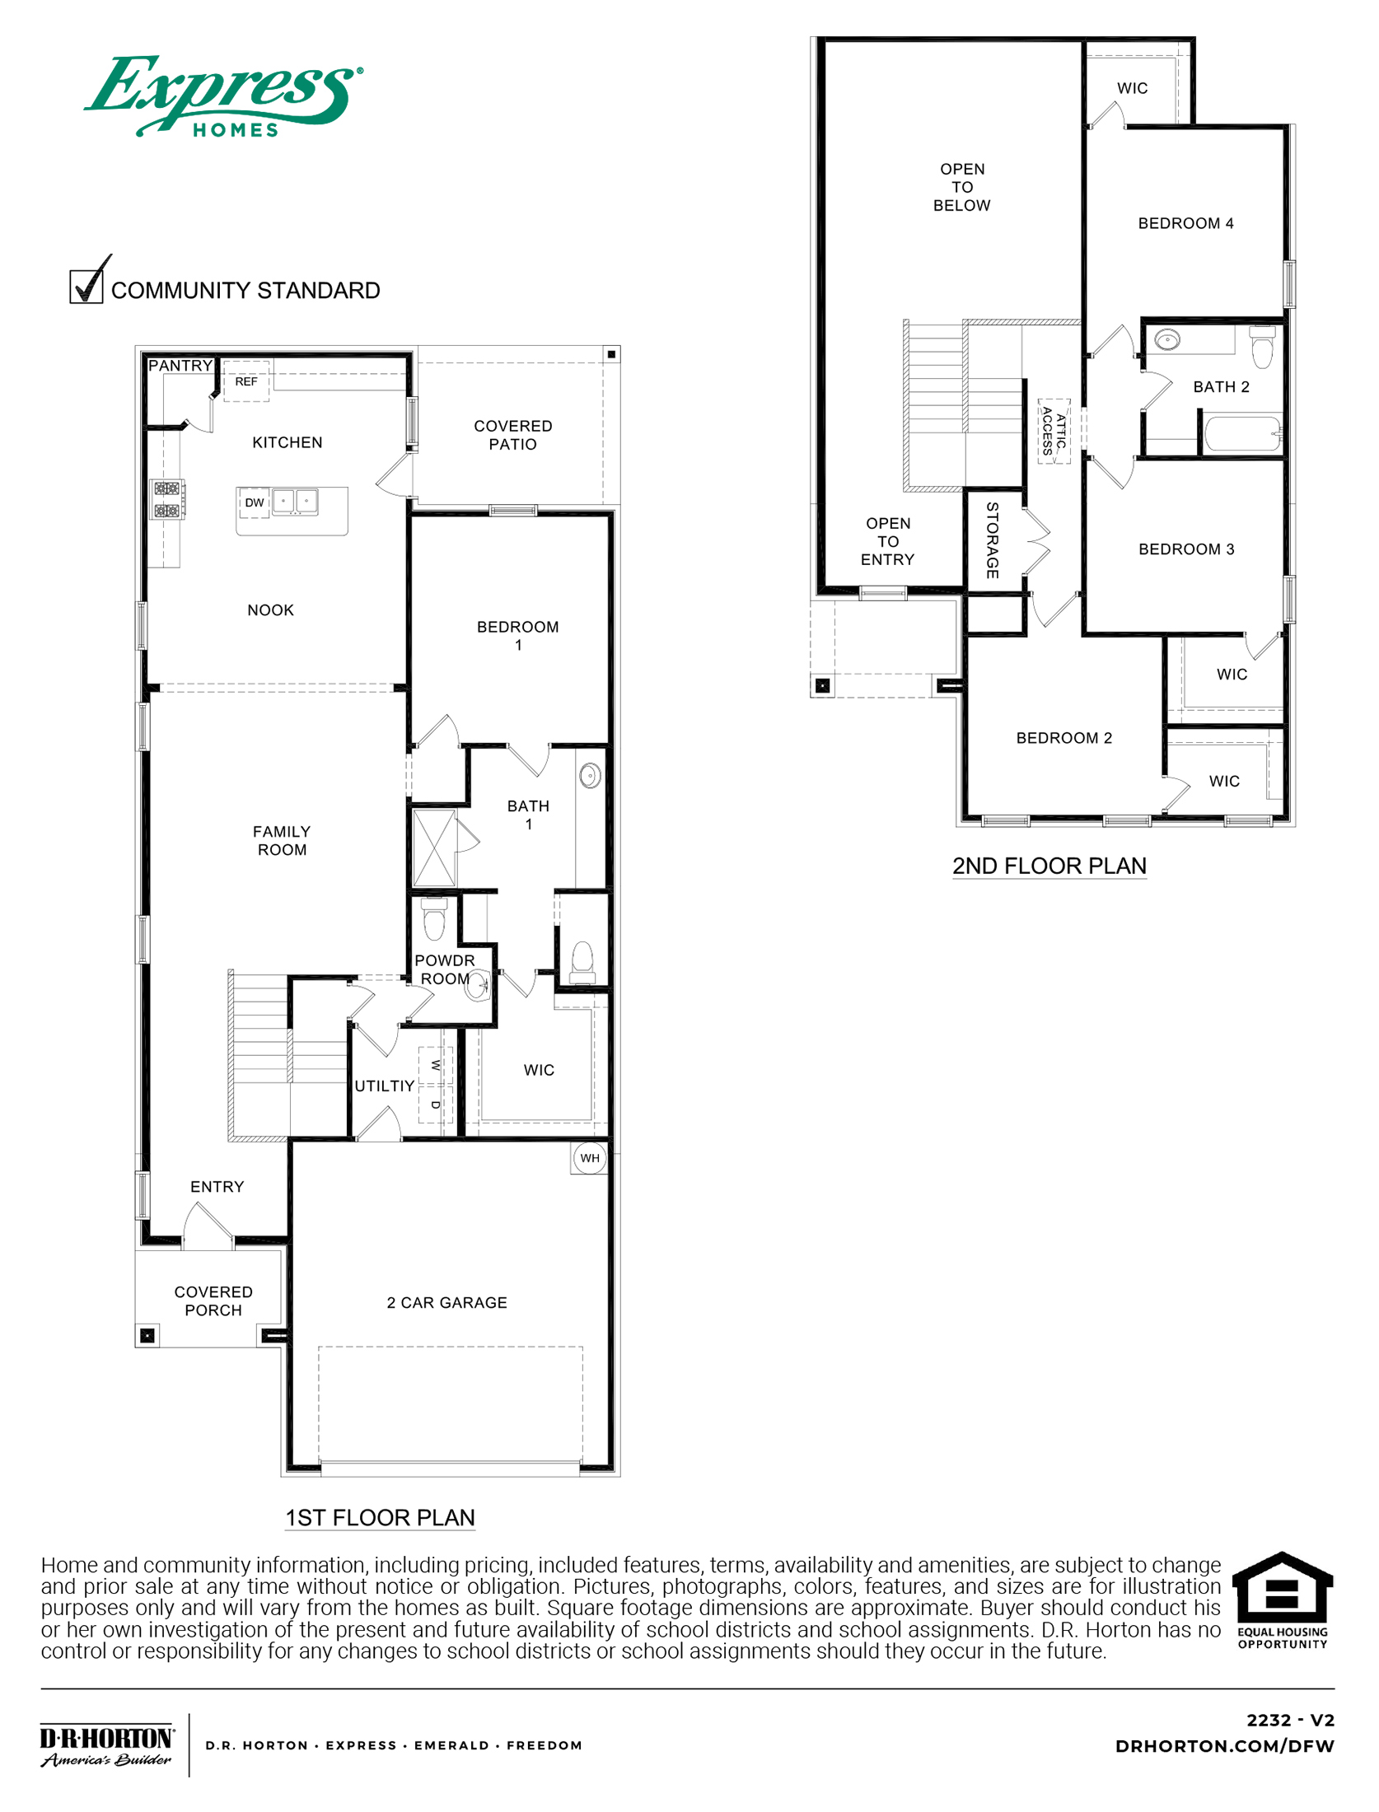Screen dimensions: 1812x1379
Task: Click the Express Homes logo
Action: pos(222,95)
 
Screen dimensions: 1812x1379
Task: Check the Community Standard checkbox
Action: pos(86,287)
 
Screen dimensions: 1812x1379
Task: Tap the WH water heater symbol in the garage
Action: pos(590,1158)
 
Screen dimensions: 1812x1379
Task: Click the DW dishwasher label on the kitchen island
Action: pos(255,502)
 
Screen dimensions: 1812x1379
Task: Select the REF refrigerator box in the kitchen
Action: pos(245,381)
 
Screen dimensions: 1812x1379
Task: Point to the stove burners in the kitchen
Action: pos(167,499)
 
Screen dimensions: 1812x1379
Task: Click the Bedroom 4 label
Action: pos(1185,223)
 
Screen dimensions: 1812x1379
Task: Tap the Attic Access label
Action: pos(1054,431)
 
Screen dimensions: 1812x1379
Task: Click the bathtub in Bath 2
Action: pos(1242,433)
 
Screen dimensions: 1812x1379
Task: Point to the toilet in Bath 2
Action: pos(1262,346)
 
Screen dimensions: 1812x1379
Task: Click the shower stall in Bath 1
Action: pos(433,848)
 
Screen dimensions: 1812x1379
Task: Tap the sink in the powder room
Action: pos(477,984)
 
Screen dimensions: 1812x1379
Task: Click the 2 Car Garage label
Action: pos(446,1302)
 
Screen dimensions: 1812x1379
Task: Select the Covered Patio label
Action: pos(512,435)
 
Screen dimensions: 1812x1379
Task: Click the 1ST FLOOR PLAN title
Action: pos(380,1517)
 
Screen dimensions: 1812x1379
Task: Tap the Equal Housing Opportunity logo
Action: pos(1282,1600)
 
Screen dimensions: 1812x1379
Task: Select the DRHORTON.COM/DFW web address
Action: pos(1224,1746)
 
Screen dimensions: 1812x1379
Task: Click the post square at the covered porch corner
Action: pos(147,1335)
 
